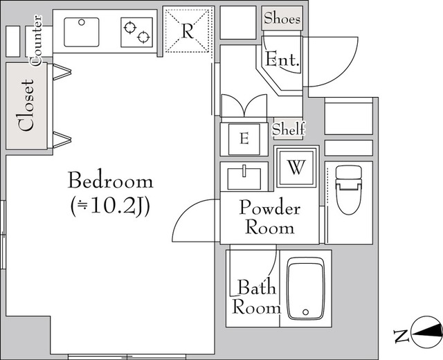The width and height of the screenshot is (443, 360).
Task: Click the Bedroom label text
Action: click(110, 182)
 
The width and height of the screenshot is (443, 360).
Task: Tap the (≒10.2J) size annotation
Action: click(110, 206)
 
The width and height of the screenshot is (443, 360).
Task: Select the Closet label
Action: click(27, 105)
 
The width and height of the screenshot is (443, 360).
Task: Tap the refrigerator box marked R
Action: click(187, 30)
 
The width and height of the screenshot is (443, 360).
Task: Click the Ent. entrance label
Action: click(284, 61)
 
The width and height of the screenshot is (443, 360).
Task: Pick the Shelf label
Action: click(288, 129)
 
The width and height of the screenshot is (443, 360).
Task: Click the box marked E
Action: click(243, 138)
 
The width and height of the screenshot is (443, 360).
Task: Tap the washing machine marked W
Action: click(296, 167)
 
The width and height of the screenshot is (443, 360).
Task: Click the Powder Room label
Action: click(269, 217)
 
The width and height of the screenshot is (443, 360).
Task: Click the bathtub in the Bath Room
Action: click(306, 290)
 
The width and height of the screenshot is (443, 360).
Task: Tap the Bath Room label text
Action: click(256, 297)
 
